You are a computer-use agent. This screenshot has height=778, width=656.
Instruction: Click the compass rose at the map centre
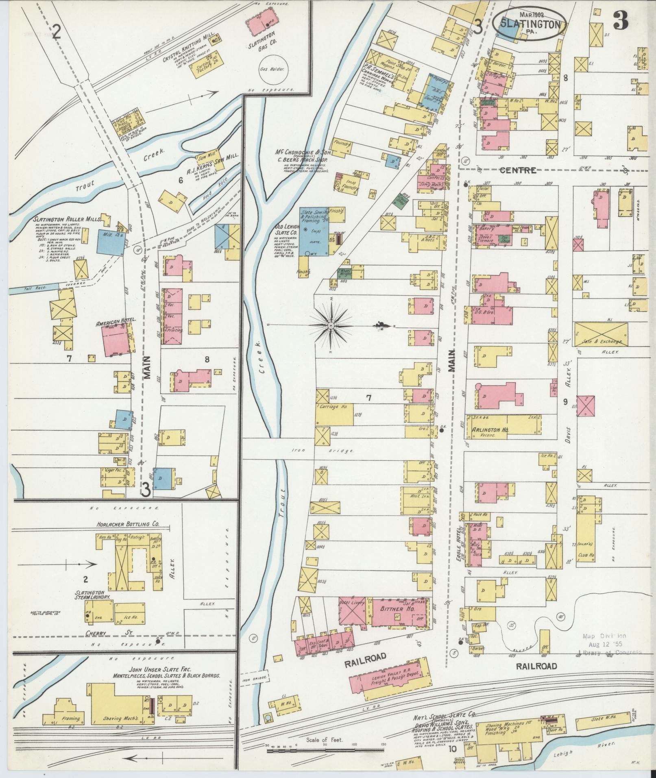pyautogui.click(x=331, y=326)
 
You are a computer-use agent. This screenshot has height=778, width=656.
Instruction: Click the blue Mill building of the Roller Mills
pyautogui.click(x=111, y=243)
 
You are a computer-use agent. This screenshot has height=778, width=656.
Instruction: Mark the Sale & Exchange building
pyautogui.click(x=601, y=335)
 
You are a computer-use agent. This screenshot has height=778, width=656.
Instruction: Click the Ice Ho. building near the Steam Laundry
pyautogui.click(x=130, y=617)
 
